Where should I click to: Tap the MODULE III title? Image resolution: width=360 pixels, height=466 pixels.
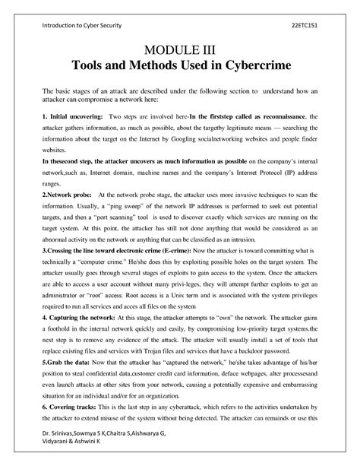[179, 51]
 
